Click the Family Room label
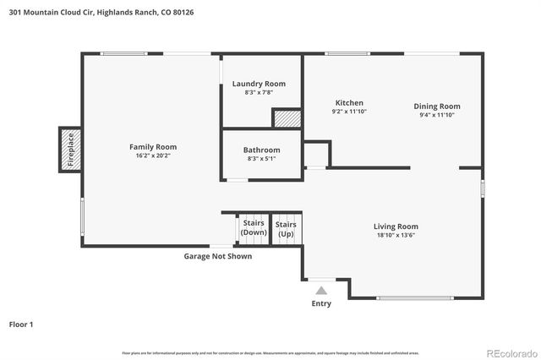(x=152, y=146)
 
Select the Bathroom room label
(x=261, y=150)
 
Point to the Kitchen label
(x=349, y=102)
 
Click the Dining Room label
(x=437, y=106)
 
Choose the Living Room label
(x=396, y=226)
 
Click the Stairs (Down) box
(x=253, y=227)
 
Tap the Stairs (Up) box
(x=286, y=227)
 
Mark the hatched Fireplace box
(x=70, y=149)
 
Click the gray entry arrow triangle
(x=321, y=290)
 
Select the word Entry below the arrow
(x=321, y=303)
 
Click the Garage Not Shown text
(x=218, y=256)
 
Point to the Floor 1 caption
(x=22, y=324)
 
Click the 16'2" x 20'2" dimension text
(x=152, y=155)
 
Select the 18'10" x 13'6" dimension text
(x=396, y=235)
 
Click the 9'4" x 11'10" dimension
(x=437, y=115)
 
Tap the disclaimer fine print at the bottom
(x=270, y=352)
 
